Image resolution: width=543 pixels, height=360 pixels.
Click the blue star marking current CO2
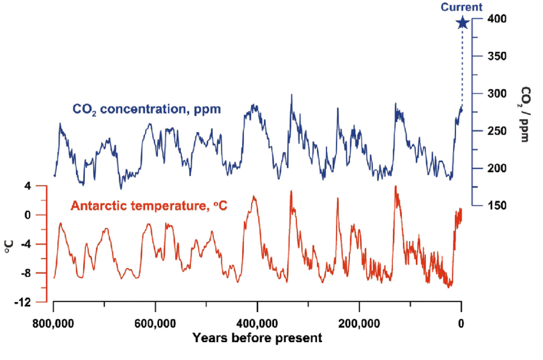coord(463,23)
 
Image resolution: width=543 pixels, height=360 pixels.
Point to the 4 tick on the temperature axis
coord(27,186)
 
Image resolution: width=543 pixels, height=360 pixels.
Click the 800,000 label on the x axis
coord(54,323)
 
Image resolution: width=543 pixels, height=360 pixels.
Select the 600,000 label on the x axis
coord(155,323)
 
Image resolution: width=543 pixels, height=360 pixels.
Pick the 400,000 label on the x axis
coord(257,323)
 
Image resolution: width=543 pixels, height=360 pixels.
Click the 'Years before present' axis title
coord(257,337)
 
